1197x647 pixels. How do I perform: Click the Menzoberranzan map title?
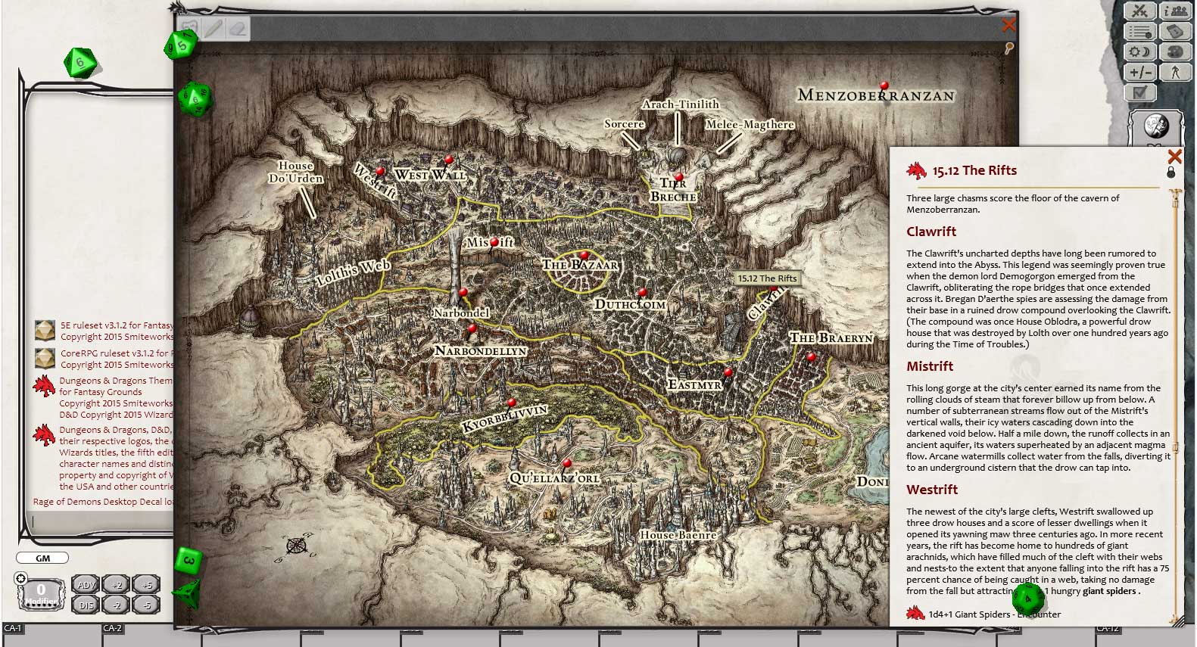tap(876, 95)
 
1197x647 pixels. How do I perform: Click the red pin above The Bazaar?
tap(584, 255)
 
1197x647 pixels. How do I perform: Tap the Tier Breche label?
tap(673, 190)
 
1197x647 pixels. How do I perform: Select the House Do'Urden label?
tap(295, 173)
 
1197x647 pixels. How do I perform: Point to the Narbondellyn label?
tap(481, 351)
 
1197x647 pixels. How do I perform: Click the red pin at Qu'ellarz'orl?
tap(567, 462)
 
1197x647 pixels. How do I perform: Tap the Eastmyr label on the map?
tap(695, 385)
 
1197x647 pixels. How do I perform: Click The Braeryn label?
tap(831, 337)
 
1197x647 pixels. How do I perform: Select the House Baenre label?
tap(678, 535)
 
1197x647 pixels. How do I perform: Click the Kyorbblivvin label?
tap(504, 419)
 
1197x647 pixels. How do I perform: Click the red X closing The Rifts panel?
tap(1174, 157)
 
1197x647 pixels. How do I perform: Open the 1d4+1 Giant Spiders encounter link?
tap(977, 614)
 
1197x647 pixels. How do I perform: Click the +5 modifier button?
tap(146, 585)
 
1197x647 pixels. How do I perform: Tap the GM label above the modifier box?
tap(42, 558)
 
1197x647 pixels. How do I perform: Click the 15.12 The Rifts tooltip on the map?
tap(767, 278)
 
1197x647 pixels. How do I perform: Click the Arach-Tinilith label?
tap(680, 104)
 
